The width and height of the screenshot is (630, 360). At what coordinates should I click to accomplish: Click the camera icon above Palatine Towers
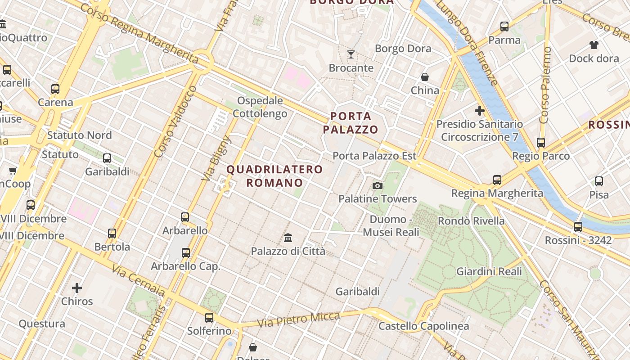click(378, 185)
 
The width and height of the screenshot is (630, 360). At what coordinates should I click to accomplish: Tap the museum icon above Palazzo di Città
click(288, 238)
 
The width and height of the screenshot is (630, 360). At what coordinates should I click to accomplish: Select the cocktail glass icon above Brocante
click(351, 54)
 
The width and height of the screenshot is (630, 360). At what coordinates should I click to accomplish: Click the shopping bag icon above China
click(424, 77)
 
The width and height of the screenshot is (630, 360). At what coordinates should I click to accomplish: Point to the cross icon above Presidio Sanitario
click(480, 110)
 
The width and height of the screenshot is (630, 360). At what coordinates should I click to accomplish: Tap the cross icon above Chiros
click(77, 288)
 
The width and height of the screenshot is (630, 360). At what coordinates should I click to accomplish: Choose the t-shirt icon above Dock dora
click(594, 45)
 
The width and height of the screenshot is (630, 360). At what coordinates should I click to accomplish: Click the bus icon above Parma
click(504, 27)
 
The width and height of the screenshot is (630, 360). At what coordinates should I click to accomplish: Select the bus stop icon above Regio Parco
click(541, 143)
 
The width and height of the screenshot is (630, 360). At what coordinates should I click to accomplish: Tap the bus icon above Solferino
click(209, 318)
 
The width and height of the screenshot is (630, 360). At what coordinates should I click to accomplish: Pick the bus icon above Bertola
click(112, 234)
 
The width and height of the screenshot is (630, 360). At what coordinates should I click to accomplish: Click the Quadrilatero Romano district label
click(274, 176)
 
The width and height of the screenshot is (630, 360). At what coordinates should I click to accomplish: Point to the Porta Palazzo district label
click(351, 123)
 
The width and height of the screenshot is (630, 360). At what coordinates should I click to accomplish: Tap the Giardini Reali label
click(489, 271)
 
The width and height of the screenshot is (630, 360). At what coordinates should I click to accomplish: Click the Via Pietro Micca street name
click(298, 319)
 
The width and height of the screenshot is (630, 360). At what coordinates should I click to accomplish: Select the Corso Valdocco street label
click(175, 121)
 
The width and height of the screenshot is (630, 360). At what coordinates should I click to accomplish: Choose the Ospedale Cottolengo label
click(260, 107)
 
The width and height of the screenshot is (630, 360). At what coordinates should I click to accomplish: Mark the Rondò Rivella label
click(471, 221)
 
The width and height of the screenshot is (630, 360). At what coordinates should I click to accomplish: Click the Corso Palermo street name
click(545, 85)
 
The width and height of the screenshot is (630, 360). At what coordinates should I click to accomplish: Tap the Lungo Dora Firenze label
click(468, 43)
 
